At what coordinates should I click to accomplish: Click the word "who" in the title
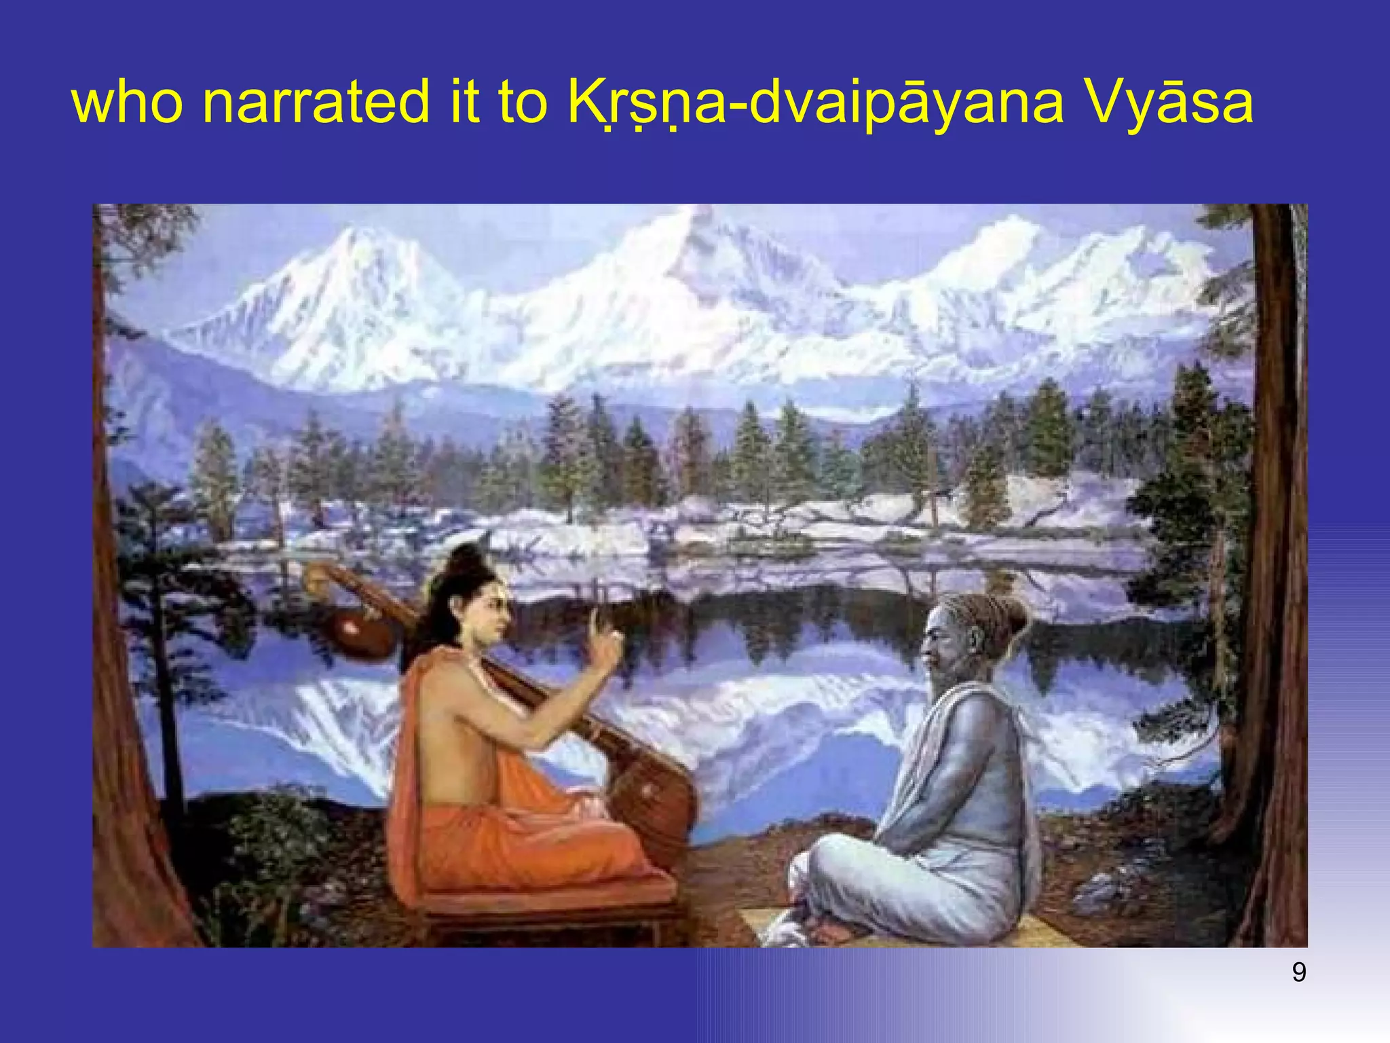(x=126, y=103)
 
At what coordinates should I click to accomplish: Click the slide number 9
(x=1298, y=972)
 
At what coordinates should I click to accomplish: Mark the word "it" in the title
(x=466, y=103)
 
